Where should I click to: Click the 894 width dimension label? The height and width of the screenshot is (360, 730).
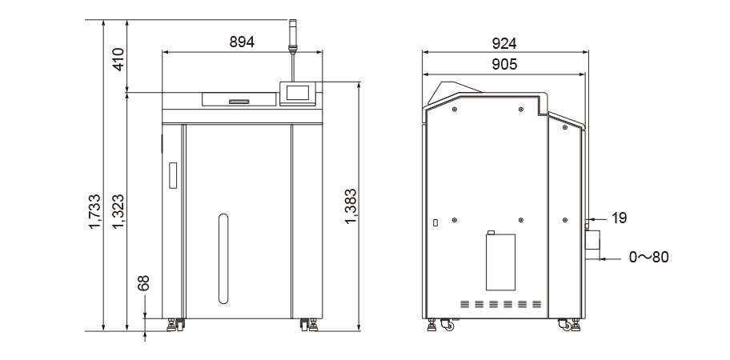pos(242,42)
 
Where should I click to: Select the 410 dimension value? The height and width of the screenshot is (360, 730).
pos(118,59)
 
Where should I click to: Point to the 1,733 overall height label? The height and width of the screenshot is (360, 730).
pos(95,212)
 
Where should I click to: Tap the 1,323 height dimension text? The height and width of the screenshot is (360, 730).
pos(118,212)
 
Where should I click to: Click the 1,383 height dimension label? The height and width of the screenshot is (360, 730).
pos(351,206)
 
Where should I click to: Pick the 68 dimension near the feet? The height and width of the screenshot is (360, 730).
pos(143,282)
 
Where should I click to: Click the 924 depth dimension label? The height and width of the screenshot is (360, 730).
pos(504,43)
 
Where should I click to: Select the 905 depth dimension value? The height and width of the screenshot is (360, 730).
pos(504,64)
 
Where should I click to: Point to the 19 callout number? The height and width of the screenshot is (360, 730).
pos(620,218)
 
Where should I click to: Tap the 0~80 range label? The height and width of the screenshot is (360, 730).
pos(648,257)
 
